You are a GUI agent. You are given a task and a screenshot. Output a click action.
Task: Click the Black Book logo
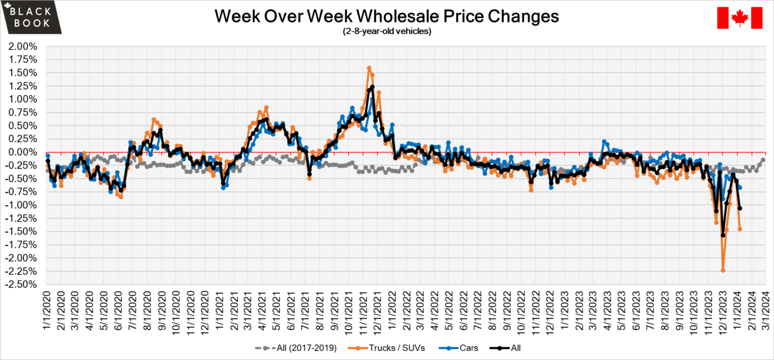point(32,17)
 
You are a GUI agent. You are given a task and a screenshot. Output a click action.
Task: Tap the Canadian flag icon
point(740,18)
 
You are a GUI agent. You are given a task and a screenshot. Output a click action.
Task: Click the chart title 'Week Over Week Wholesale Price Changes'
point(386,16)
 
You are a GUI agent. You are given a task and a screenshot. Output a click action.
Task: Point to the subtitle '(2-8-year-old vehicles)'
point(387,31)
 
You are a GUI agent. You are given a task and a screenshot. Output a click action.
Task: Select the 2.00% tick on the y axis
point(23,46)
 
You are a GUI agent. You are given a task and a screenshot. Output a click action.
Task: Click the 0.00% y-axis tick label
point(23,152)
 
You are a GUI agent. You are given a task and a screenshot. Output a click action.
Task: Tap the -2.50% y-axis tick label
point(21,284)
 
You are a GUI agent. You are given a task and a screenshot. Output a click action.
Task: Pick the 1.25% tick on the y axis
point(23,86)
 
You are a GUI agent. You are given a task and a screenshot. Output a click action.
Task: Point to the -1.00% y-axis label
point(21,205)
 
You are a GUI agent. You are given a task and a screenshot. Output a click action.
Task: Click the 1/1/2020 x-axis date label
point(46,310)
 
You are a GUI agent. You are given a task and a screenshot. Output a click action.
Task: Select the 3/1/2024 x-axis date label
point(765,310)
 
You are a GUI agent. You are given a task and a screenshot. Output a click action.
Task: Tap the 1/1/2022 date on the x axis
point(391,310)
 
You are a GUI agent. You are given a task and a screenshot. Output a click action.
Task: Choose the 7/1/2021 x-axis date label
point(305,310)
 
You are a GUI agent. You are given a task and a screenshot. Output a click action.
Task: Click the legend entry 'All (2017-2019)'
point(296,348)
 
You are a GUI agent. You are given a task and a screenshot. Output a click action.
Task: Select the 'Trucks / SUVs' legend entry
point(386,348)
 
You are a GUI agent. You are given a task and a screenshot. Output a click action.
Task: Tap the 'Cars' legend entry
point(458,348)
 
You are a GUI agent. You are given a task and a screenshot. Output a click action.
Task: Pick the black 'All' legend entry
point(505,348)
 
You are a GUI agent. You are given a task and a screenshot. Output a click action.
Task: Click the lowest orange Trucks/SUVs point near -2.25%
point(723,270)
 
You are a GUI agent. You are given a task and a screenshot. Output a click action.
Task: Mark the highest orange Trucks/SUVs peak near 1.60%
point(369,68)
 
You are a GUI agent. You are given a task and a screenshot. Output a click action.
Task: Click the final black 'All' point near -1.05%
point(740,208)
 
